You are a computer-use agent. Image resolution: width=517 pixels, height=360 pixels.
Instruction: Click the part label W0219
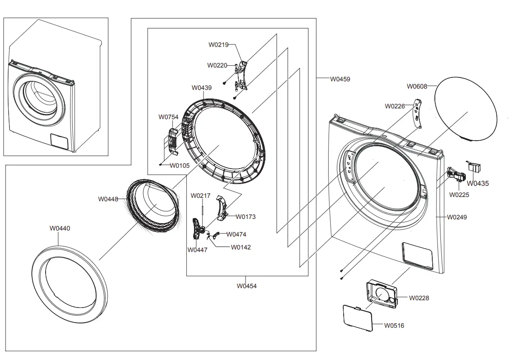218,44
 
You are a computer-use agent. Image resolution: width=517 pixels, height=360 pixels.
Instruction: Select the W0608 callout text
417,86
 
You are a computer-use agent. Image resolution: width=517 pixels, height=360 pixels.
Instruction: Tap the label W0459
340,79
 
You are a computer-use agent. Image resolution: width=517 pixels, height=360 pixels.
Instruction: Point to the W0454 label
246,286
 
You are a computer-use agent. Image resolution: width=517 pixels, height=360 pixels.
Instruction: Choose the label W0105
179,165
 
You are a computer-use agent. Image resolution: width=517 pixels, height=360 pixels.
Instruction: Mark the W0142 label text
240,247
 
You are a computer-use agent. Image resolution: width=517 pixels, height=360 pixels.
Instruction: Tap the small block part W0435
474,167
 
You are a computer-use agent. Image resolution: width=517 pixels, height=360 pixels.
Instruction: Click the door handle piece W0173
222,207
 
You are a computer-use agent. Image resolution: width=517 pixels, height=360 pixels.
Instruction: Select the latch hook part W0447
197,228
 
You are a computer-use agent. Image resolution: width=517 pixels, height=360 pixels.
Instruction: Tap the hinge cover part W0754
172,140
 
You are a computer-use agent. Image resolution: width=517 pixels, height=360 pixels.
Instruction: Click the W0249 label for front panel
457,217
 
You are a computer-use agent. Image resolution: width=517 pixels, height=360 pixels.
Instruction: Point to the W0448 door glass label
108,199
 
